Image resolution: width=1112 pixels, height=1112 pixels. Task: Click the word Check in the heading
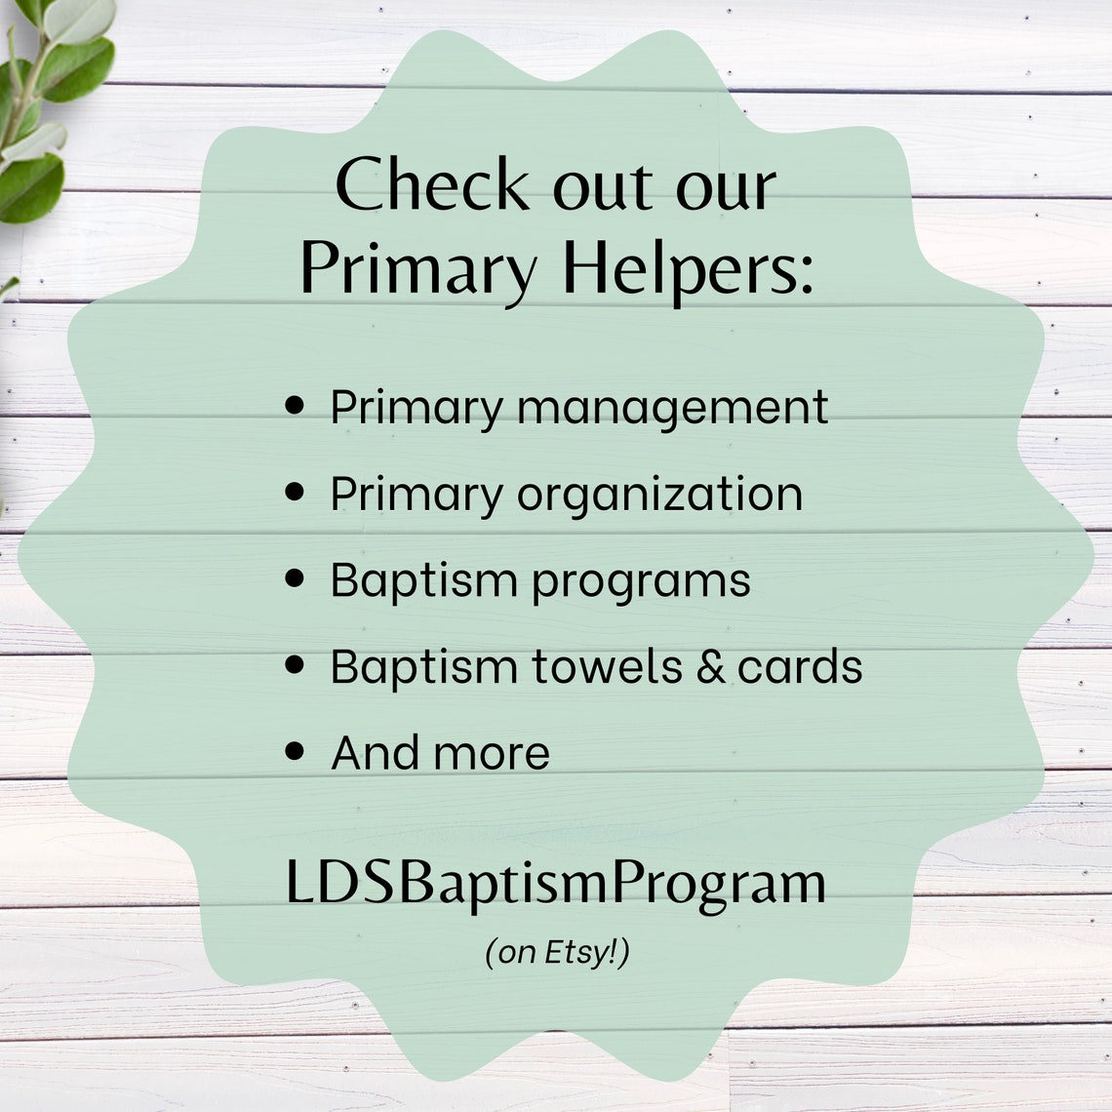click(432, 185)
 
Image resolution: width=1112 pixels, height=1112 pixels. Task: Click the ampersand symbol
click(710, 667)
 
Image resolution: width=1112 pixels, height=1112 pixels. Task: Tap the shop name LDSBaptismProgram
click(556, 883)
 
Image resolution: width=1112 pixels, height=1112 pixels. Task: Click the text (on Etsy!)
click(557, 952)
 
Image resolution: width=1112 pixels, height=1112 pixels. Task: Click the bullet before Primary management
click(296, 405)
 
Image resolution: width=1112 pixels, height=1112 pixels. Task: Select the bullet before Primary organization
click(296, 492)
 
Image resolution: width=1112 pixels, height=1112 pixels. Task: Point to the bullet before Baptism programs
click(296, 578)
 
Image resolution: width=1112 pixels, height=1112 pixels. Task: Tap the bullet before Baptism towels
click(296, 665)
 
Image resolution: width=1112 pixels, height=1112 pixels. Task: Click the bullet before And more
click(296, 752)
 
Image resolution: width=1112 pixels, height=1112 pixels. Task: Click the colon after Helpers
click(805, 276)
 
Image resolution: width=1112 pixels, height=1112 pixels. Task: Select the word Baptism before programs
click(424, 580)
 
